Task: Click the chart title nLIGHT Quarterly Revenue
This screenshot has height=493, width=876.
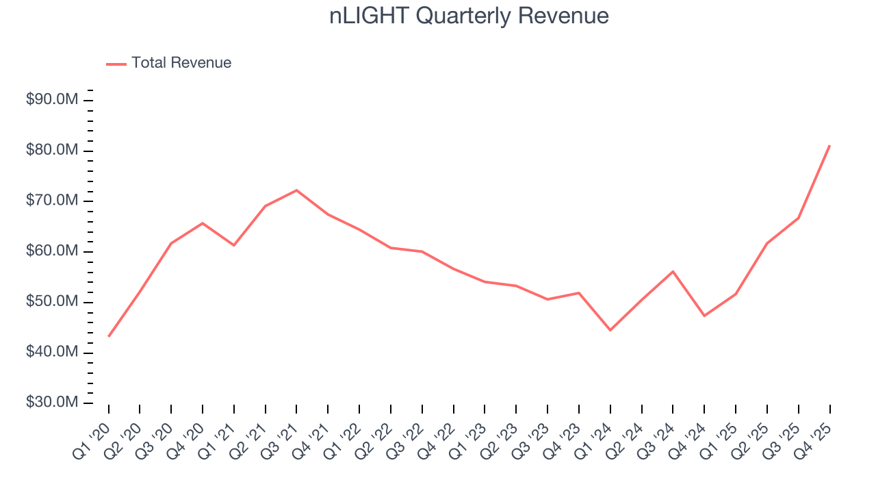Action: pyautogui.click(x=469, y=16)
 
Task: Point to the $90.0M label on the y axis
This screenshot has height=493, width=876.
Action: pyautogui.click(x=52, y=100)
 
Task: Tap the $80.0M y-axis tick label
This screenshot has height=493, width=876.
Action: pyautogui.click(x=52, y=151)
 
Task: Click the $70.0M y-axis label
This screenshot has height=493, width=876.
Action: pyautogui.click(x=52, y=201)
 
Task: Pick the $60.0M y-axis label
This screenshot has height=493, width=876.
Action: pyautogui.click(x=52, y=252)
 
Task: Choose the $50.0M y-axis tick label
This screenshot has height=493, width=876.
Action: pyautogui.click(x=52, y=303)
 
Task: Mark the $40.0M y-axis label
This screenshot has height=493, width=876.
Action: pyautogui.click(x=52, y=353)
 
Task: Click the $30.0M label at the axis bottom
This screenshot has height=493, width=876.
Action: pyautogui.click(x=52, y=403)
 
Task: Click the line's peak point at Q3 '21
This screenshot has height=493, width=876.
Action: pyautogui.click(x=296, y=190)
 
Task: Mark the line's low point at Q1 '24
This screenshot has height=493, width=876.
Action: pyautogui.click(x=610, y=330)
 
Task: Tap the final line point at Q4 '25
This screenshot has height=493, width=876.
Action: pyautogui.click(x=829, y=145)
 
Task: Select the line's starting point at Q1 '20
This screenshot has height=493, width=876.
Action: pyautogui.click(x=109, y=336)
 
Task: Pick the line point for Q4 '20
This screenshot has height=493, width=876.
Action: pyautogui.click(x=203, y=223)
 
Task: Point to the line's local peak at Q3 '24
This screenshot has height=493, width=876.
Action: pyautogui.click(x=673, y=271)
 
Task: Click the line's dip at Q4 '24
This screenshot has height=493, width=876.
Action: pyautogui.click(x=704, y=316)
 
